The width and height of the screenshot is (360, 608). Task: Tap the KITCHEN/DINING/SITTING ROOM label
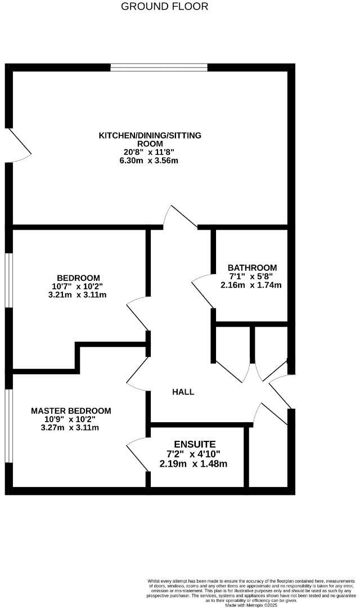tap(150, 140)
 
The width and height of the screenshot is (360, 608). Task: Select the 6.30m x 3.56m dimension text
tap(150, 160)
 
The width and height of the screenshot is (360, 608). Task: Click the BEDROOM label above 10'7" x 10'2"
tap(78, 278)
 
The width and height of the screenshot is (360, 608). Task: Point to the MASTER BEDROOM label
tap(71, 411)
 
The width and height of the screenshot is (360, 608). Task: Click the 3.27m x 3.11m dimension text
tap(71, 427)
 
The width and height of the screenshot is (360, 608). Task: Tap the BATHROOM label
tap(252, 267)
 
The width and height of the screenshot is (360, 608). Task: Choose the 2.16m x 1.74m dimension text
tap(251, 285)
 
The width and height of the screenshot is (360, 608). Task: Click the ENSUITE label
tap(195, 444)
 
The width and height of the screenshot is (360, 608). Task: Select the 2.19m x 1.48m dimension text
tap(194, 464)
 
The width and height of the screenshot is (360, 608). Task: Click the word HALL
tap(183, 392)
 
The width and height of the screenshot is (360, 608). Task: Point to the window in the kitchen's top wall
tap(159, 68)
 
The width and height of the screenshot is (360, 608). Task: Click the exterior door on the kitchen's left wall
tap(18, 146)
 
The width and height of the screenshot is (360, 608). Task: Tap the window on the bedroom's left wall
tap(9, 280)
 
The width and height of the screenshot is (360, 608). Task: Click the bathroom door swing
tap(202, 292)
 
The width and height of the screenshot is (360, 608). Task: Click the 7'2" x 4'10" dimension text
tap(193, 454)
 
